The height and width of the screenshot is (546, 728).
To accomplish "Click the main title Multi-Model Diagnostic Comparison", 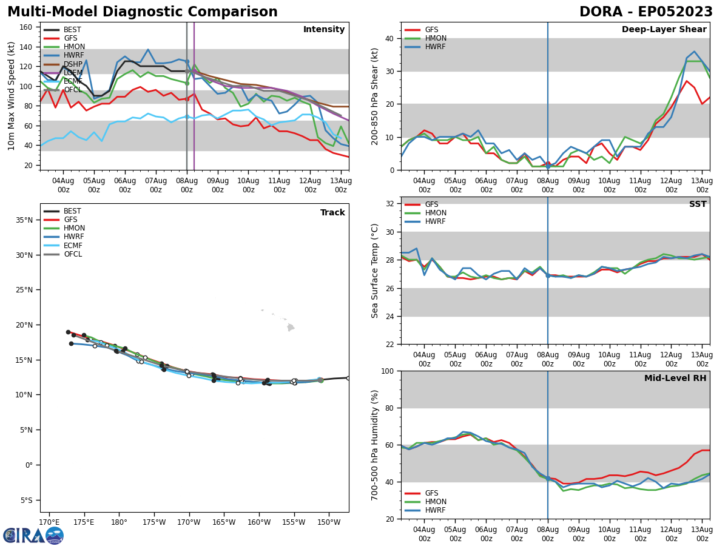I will click(x=142, y=12).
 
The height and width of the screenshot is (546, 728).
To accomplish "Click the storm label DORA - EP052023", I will click(x=645, y=12).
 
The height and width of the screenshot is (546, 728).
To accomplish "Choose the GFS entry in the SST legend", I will click(x=431, y=204).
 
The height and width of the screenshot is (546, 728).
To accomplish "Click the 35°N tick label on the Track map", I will click(x=24, y=220).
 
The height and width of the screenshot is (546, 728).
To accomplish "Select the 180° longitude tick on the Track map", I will click(x=119, y=522).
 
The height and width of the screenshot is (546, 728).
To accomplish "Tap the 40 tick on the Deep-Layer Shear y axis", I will click(x=389, y=38).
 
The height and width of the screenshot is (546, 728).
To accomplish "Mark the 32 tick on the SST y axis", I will click(x=389, y=204).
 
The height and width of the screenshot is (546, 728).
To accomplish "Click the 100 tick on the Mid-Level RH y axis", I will click(x=386, y=371).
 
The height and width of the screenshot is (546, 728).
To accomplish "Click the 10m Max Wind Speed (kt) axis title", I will click(x=12, y=96).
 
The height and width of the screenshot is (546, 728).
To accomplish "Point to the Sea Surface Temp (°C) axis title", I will click(x=375, y=271).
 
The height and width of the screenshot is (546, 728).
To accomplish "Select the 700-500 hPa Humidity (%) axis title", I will click(x=375, y=445).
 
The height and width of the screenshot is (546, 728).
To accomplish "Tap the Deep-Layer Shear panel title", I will click(x=664, y=30).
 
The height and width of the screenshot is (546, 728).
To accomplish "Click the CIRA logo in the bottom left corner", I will click(x=33, y=535).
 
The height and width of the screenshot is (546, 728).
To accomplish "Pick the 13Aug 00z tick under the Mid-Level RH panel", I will click(x=702, y=534).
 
